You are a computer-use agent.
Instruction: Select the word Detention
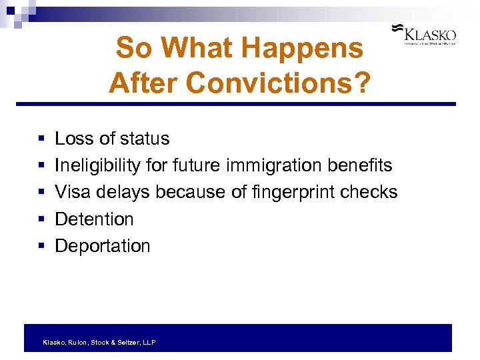click(x=94, y=219)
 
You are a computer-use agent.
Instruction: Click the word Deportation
click(x=102, y=246)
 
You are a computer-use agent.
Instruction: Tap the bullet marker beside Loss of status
click(x=41, y=139)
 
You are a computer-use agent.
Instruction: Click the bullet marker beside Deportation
click(x=41, y=247)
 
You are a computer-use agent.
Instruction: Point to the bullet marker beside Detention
click(x=41, y=219)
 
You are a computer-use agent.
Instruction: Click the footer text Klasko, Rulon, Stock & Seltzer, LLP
click(x=99, y=342)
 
